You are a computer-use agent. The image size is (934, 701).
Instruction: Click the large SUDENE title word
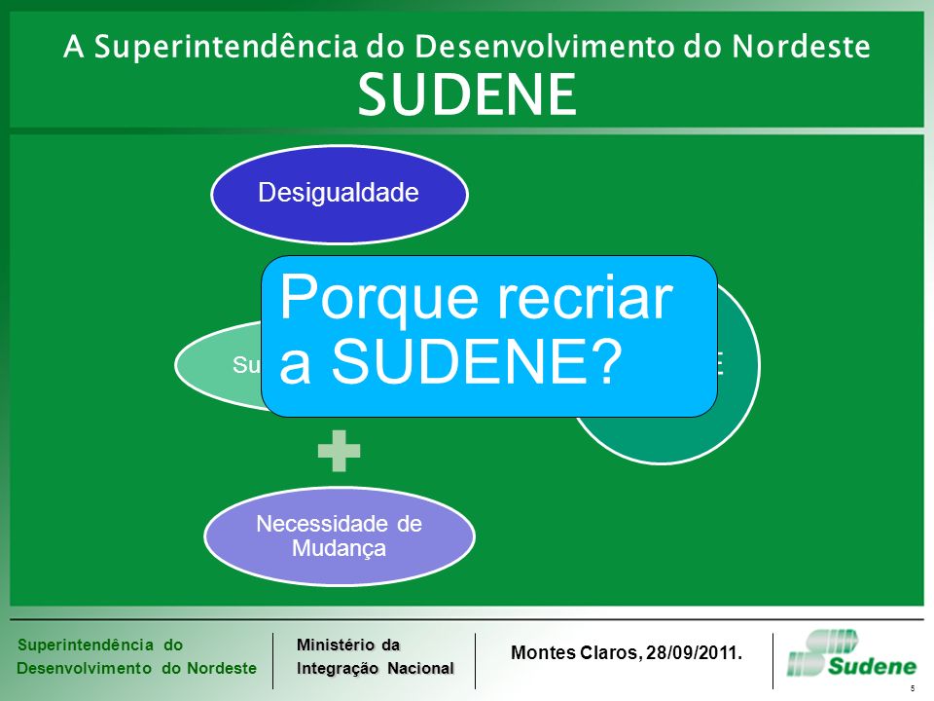point(466,93)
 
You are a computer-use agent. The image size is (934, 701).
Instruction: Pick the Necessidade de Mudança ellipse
point(339,535)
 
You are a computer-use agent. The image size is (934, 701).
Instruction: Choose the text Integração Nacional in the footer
point(376,668)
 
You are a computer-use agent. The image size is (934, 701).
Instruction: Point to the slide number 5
point(913,688)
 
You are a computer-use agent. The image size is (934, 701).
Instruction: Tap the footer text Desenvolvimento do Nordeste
point(136,668)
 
